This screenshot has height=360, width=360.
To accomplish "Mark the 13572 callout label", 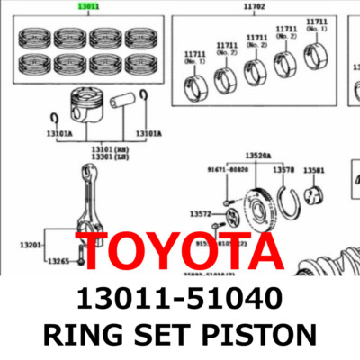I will pos(201,214).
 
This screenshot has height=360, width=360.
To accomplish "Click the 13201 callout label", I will pos(32,244).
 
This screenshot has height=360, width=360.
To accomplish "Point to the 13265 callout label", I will pos(59,261).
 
